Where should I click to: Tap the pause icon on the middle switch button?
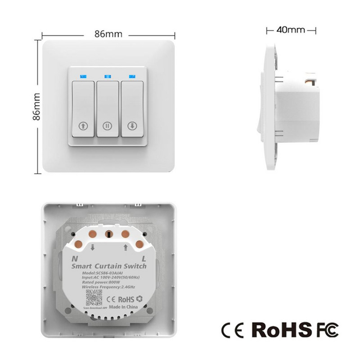point(108,126)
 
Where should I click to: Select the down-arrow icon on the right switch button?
point(132,126)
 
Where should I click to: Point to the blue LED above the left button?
point(83,76)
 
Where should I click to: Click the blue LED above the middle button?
point(108,76)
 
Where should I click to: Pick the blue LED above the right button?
point(132,76)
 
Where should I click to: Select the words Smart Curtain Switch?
point(109,266)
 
